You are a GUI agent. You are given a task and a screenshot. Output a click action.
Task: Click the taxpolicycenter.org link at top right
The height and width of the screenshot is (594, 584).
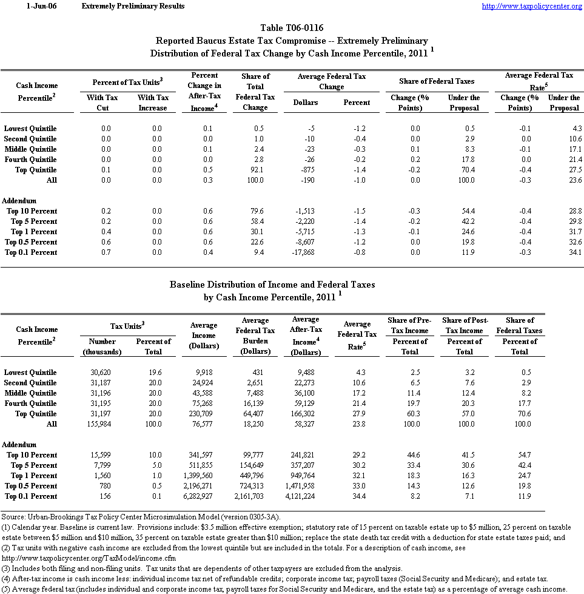532,6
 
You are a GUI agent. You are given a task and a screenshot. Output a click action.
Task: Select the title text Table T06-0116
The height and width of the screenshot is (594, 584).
292,29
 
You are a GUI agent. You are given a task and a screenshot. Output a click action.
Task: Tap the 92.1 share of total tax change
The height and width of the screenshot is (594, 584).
255,170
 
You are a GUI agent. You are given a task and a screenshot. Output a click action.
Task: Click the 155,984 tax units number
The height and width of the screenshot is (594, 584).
98,424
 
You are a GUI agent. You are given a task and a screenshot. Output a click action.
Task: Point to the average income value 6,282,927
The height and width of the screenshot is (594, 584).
200,496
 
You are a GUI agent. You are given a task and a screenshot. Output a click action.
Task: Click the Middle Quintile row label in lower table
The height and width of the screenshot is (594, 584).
30,393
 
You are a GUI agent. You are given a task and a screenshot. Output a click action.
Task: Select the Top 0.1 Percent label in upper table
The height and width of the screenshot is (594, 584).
32,252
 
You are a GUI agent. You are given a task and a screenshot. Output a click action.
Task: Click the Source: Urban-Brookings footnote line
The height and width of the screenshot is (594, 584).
140,516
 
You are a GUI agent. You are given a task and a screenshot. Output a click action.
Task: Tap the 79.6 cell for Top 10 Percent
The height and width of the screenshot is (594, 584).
255,211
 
